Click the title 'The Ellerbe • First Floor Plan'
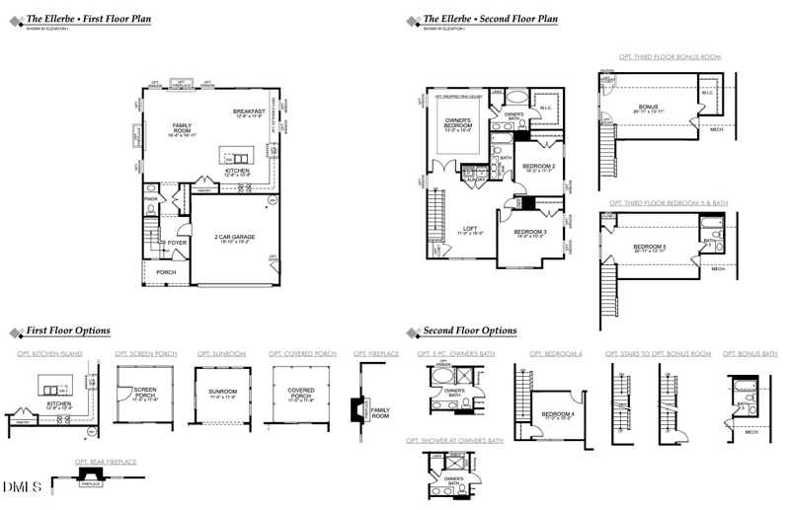click(x=88, y=19)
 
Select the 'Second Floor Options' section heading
click(x=469, y=330)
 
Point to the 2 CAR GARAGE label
click(x=235, y=237)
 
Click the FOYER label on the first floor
click(x=177, y=243)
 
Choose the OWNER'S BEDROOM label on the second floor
click(x=457, y=124)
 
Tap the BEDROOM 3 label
click(x=529, y=232)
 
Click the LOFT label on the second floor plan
click(x=470, y=229)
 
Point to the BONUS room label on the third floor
click(x=648, y=107)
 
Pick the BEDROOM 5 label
click(x=649, y=246)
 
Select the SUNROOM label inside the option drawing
click(x=222, y=392)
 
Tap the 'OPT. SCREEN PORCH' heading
click(x=146, y=353)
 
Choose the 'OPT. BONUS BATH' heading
click(x=750, y=353)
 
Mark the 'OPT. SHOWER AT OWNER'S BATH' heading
click(x=454, y=440)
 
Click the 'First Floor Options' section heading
click(x=67, y=330)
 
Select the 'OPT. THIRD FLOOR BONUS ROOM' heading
click(x=670, y=57)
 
